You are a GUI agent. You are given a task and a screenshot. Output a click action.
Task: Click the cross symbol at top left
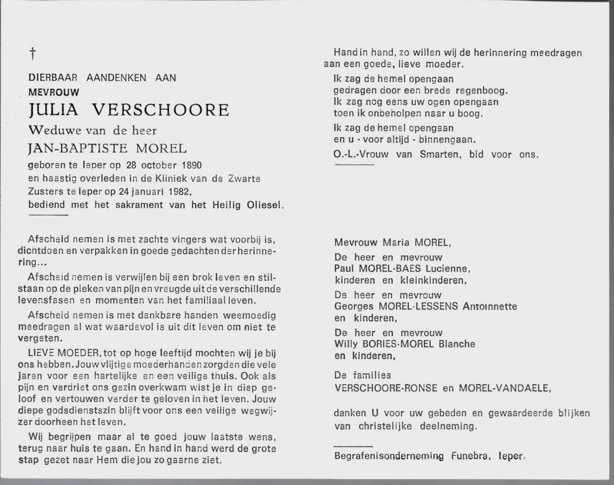pos(33,54)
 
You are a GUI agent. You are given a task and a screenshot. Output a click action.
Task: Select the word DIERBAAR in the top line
pos(53,78)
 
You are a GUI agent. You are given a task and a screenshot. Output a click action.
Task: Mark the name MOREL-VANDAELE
pos(504,388)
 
